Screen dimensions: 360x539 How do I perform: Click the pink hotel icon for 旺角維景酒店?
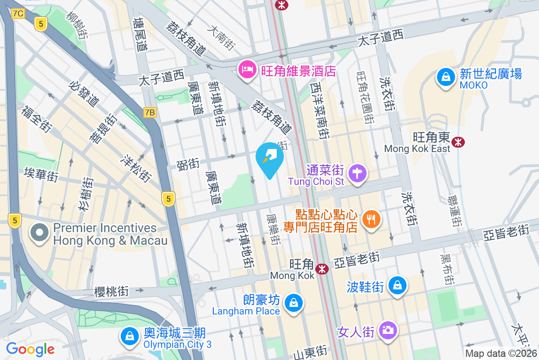click(x=247, y=70)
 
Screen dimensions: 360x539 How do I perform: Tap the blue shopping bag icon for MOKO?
click(x=446, y=77)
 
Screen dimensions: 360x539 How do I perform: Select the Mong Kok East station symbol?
click(x=459, y=142)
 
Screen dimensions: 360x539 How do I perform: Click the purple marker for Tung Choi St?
click(x=358, y=173)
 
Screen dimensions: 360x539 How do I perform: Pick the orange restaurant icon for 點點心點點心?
click(x=371, y=220)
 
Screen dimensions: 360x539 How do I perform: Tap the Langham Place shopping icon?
click(x=294, y=302)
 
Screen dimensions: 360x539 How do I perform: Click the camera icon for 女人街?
click(x=387, y=330)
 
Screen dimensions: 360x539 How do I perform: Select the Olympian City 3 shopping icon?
click(x=129, y=336)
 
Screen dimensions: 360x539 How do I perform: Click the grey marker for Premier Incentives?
click(x=40, y=233)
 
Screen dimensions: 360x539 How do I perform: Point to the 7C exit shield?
click(x=18, y=13)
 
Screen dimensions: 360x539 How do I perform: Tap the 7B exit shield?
click(x=150, y=112)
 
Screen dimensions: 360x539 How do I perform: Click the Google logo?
click(x=30, y=349)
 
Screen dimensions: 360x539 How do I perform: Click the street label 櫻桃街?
click(x=111, y=291)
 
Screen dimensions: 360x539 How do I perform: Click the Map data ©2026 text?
click(x=501, y=354)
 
